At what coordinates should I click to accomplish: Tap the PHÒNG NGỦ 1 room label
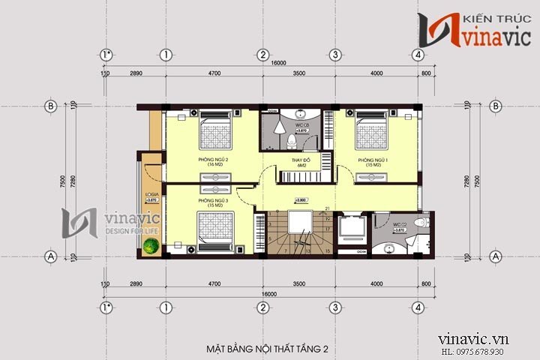371,162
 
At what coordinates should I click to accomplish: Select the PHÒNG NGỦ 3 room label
212,202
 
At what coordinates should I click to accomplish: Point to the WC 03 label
301,124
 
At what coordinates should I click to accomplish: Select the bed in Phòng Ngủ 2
216,129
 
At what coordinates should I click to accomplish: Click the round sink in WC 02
388,247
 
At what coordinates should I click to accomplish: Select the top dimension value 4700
214,73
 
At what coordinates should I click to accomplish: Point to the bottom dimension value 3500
298,286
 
